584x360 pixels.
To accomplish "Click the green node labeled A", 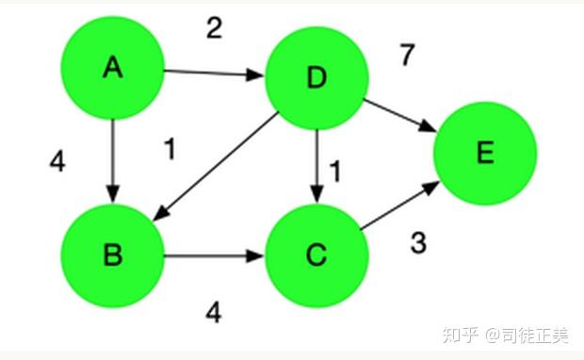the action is point(113,68).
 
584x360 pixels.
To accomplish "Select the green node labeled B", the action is point(113,254).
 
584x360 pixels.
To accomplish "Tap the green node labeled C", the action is point(316,254).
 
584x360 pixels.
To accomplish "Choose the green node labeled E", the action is point(485,153).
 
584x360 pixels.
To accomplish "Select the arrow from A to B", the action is point(113,160).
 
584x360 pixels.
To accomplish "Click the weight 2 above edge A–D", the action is point(214,28).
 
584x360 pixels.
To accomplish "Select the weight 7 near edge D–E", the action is point(406,56).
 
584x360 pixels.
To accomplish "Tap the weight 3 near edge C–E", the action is point(418,242).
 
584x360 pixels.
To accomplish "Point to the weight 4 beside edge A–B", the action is point(57,162).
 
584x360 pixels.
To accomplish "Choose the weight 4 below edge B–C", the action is point(214,312).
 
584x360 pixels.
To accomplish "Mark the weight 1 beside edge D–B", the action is point(170,149).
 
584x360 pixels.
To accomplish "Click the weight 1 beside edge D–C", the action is point(333,171).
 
